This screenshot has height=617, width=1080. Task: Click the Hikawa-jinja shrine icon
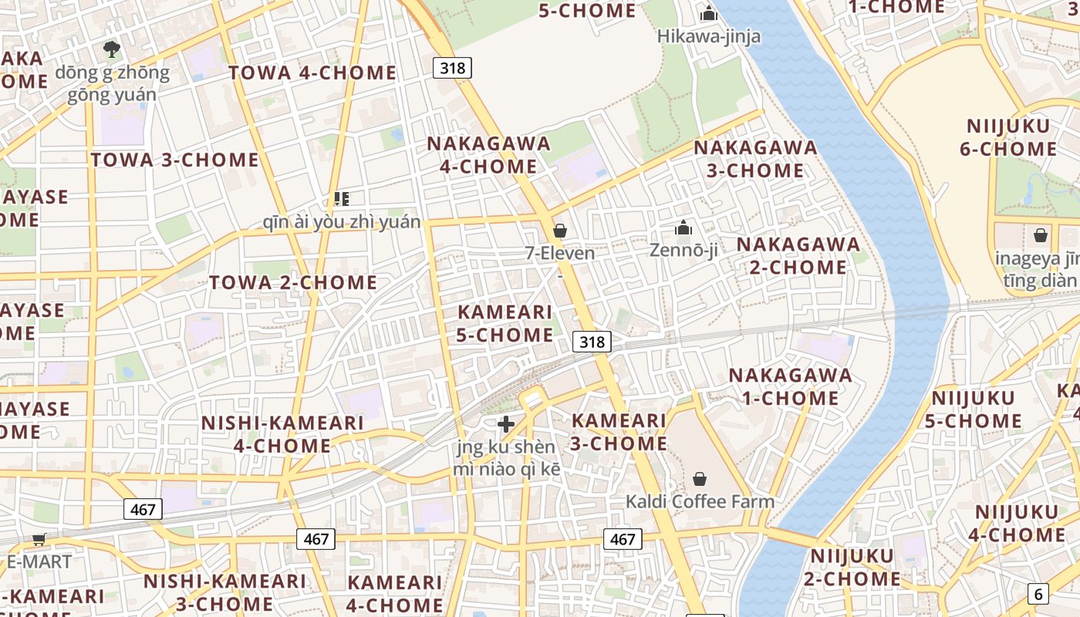pyautogui.click(x=708, y=13)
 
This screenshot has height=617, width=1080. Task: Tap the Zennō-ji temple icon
pyautogui.click(x=683, y=228)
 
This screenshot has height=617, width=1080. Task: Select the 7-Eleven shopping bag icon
pyautogui.click(x=560, y=231)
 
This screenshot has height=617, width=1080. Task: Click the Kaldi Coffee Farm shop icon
pyautogui.click(x=700, y=479)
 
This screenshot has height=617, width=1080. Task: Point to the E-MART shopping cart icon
pyautogui.click(x=39, y=539)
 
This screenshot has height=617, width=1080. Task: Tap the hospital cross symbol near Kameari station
pyautogui.click(x=506, y=424)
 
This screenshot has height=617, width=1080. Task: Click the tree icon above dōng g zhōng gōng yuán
pyautogui.click(x=112, y=50)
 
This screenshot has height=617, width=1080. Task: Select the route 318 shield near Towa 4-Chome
pyautogui.click(x=452, y=68)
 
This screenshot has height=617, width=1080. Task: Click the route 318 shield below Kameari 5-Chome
pyautogui.click(x=592, y=341)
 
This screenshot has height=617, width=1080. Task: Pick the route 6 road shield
pyautogui.click(x=1038, y=594)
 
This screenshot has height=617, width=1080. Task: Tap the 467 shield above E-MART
pyautogui.click(x=143, y=509)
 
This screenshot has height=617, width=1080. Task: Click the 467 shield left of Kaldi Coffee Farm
pyautogui.click(x=622, y=539)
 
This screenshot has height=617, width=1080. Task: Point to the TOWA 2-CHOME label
pyautogui.click(x=293, y=282)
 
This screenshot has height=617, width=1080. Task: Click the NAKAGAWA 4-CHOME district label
pyautogui.click(x=489, y=155)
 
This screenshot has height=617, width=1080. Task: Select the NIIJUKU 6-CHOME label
pyautogui.click(x=1008, y=137)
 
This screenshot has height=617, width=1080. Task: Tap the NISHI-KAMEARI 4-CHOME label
pyautogui.click(x=282, y=434)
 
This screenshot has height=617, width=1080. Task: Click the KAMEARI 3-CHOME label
pyautogui.click(x=619, y=432)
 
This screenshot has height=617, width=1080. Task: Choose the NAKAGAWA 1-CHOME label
pyautogui.click(x=791, y=386)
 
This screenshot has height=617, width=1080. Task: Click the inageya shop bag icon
pyautogui.click(x=1041, y=235)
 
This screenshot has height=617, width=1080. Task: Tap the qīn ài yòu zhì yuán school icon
pyautogui.click(x=342, y=199)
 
